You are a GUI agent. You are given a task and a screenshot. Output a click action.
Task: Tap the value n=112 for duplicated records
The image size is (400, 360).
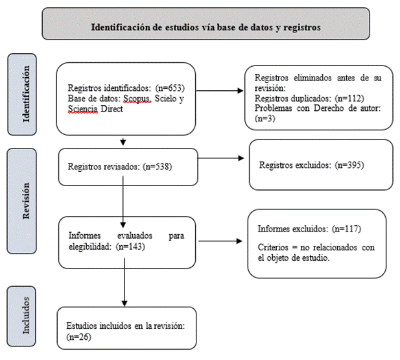click(x=349, y=99)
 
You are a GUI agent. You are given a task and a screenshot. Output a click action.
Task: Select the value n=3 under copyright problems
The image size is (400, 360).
click(x=265, y=119)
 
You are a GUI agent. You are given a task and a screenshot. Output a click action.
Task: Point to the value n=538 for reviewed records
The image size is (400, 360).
click(x=158, y=167)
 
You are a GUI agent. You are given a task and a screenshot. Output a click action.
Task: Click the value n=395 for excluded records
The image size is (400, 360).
click(x=349, y=165)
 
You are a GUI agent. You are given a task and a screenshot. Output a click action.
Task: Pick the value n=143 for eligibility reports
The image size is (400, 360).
click(x=130, y=246)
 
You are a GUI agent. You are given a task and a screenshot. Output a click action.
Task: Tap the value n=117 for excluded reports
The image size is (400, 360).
click(x=346, y=229)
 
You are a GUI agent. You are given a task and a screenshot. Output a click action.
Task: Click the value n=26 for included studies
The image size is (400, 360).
click(x=79, y=337)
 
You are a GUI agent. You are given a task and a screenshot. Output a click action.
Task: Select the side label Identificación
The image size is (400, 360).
click(x=26, y=94)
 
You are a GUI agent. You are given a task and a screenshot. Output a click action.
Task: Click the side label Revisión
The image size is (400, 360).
click(x=26, y=201)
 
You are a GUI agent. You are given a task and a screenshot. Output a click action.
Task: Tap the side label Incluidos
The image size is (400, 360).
click(x=26, y=315)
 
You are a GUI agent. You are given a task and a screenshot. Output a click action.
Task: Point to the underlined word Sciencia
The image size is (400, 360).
click(x=82, y=109)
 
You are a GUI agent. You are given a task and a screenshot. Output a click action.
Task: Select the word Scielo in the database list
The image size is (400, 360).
click(x=165, y=99)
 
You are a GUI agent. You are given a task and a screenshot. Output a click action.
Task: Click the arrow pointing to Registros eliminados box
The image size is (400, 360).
click(x=220, y=91)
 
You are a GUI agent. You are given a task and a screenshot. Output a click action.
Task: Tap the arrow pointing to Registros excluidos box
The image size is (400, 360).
click(x=221, y=158)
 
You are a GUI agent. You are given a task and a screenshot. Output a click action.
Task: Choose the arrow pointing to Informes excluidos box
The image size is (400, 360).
click(x=220, y=241)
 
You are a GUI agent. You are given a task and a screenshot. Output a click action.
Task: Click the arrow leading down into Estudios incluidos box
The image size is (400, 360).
click(x=124, y=282)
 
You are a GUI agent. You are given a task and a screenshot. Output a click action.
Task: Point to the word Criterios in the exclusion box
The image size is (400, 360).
click(x=273, y=247)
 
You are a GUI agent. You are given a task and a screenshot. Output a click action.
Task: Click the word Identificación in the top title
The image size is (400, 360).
click(x=122, y=27)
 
